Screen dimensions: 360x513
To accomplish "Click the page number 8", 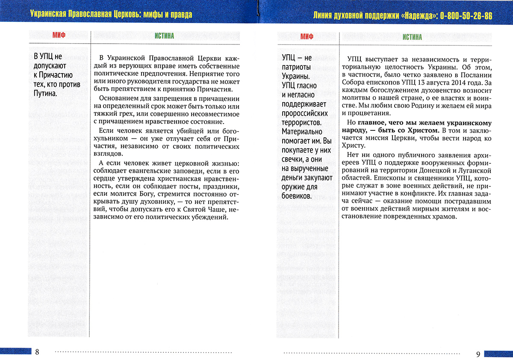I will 37,352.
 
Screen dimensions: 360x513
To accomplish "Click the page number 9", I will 478,354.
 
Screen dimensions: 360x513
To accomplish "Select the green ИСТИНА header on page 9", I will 412,37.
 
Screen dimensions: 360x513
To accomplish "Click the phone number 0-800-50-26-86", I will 466,16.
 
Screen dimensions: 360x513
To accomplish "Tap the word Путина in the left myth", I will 44,94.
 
